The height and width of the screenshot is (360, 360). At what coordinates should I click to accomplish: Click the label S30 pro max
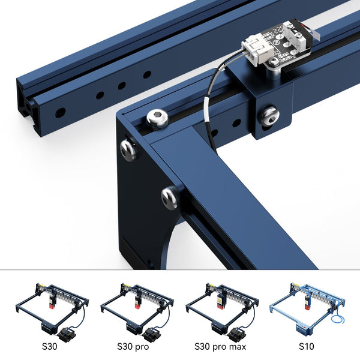click(220, 346)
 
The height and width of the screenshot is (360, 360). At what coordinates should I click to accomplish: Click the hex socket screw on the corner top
click(157, 119)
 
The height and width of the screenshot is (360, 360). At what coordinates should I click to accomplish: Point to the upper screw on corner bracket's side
click(128, 149)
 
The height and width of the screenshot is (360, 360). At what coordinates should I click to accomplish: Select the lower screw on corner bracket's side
click(170, 196)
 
